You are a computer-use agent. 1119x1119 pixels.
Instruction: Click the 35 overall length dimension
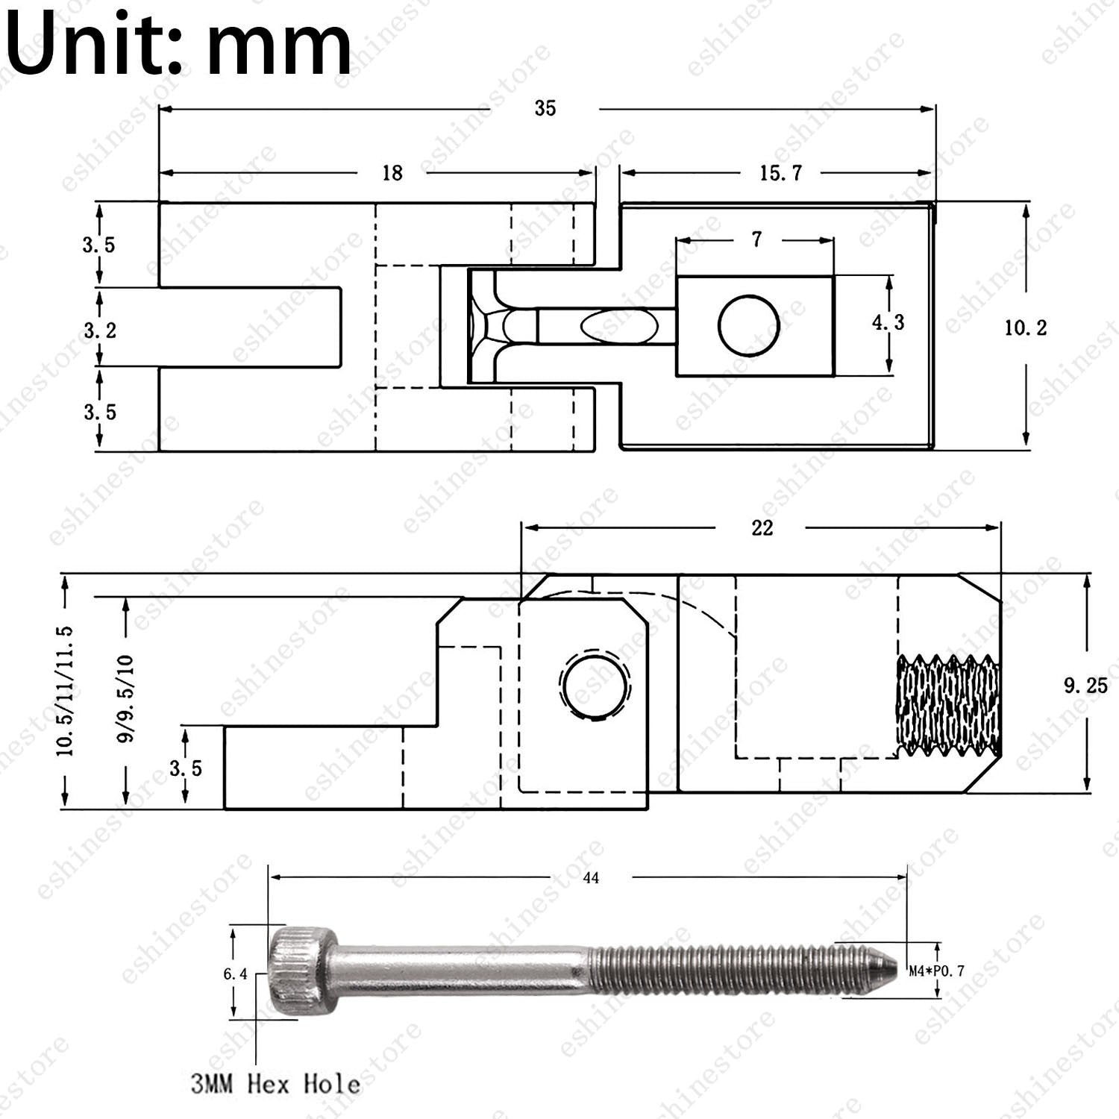tap(545, 109)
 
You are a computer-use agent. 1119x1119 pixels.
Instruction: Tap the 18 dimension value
tap(392, 173)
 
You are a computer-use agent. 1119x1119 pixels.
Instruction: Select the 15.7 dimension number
tap(781, 173)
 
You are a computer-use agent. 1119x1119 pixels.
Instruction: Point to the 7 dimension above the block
tap(757, 239)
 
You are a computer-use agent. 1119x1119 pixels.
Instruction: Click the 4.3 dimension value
tap(888, 322)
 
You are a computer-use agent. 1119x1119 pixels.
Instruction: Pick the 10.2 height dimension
tap(1026, 327)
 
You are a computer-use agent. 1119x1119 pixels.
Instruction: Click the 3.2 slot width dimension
tap(100, 330)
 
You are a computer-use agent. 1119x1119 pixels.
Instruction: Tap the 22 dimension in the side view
tap(762, 528)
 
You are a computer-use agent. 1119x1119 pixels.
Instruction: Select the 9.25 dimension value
tap(1086, 686)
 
